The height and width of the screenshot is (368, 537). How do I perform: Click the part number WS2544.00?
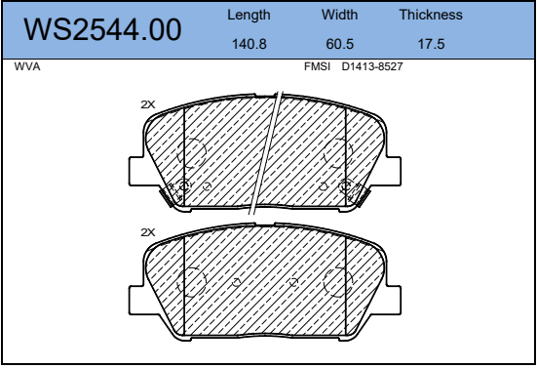pyautogui.click(x=102, y=30)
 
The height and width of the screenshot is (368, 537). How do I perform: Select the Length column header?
pyautogui.click(x=249, y=15)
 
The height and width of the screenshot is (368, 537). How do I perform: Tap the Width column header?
pyautogui.click(x=339, y=15)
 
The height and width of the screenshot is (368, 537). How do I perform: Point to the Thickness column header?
pyautogui.click(x=431, y=15)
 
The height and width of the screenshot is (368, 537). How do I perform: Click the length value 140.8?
pyautogui.click(x=249, y=44)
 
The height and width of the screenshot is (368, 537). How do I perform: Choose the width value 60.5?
pyautogui.click(x=340, y=44)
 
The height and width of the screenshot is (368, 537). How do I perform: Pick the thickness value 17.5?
pyautogui.click(x=431, y=44)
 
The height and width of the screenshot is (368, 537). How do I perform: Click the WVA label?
pyautogui.click(x=27, y=66)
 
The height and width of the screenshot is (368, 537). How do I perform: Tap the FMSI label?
pyautogui.click(x=317, y=66)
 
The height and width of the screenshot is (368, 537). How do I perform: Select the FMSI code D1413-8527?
pyautogui.click(x=372, y=66)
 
